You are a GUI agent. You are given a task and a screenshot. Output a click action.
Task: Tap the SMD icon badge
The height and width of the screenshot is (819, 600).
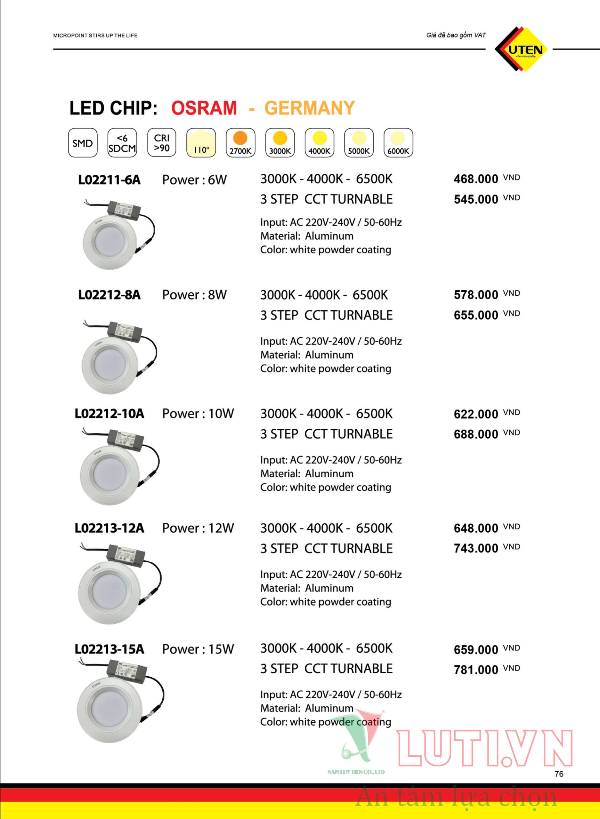(x=83, y=143)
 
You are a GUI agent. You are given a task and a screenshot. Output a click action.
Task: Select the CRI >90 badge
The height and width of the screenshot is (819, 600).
(x=162, y=143)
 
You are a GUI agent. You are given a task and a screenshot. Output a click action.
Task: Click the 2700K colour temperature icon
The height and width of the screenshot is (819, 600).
(x=240, y=143)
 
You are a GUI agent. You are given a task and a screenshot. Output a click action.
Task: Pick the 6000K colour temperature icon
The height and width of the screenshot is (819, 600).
(x=398, y=143)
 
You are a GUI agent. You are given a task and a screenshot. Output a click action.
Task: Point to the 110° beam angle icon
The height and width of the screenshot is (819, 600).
(x=201, y=143)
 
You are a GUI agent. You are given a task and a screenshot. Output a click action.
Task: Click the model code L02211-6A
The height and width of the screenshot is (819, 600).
(x=109, y=180)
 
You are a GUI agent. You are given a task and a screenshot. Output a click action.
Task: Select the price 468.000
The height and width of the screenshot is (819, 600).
(x=476, y=179)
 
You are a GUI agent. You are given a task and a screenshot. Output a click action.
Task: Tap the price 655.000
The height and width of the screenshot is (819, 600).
(x=476, y=315)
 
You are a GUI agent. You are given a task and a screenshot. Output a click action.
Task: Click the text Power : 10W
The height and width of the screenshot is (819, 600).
(x=198, y=414)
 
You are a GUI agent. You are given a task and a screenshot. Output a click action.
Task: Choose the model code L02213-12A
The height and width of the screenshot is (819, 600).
(x=109, y=528)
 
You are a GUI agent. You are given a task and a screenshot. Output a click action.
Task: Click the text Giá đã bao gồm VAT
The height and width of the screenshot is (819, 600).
(x=456, y=35)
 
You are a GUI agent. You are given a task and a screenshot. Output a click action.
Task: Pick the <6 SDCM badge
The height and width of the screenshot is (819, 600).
(x=122, y=143)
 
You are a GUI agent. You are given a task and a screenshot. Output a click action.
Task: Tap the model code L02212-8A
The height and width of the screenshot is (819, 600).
(x=109, y=295)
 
